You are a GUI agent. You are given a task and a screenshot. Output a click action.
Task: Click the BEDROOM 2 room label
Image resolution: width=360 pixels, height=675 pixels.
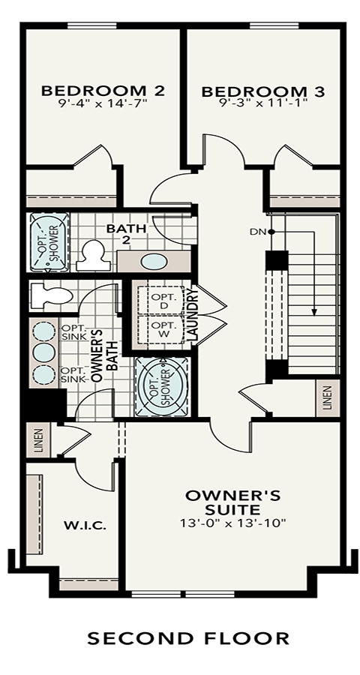103,91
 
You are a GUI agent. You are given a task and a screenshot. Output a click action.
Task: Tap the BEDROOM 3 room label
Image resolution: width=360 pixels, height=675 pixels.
263,91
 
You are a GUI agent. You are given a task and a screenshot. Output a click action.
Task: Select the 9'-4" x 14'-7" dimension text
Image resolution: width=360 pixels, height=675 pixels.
103,103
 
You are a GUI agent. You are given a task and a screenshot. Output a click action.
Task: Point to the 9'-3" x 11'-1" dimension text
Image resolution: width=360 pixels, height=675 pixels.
263,104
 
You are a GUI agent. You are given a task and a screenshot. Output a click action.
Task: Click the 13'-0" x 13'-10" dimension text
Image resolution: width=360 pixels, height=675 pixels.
232,523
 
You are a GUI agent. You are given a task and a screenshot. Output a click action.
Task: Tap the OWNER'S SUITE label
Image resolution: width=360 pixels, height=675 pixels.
232,502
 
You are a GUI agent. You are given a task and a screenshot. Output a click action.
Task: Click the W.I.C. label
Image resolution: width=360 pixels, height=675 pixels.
85,526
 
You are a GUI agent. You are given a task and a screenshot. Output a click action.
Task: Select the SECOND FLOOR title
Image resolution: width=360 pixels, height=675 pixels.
188,638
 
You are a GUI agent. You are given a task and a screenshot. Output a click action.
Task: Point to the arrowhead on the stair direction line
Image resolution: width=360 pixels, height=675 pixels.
314,312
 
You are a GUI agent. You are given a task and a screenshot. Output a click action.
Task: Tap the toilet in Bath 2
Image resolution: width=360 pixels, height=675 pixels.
91,255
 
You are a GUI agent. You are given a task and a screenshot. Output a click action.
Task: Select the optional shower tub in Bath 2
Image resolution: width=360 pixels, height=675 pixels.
50,242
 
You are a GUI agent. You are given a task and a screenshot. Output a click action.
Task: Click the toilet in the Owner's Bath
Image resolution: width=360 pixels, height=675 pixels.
52,295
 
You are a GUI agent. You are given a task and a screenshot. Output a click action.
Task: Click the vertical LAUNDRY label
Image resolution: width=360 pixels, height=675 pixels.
193,316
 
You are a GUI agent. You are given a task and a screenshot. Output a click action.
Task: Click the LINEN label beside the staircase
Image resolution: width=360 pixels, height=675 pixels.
328,397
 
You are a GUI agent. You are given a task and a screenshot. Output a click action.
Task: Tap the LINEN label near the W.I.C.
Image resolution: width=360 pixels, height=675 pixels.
38,440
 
